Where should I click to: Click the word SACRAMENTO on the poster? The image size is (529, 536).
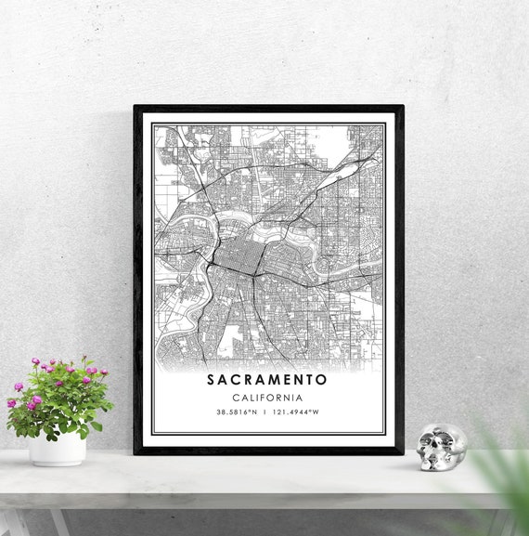pos(267,380)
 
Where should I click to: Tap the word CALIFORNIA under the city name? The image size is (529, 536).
pos(267,398)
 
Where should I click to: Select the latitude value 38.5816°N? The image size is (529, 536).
pos(236,412)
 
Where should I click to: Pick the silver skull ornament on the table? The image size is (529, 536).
pos(441,447)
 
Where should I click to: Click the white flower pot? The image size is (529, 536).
pos(58,449)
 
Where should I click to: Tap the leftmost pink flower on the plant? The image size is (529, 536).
pos(12,404)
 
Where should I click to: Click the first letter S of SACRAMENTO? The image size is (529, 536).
pos(211,380)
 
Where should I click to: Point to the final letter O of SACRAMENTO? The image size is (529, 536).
pos(323,380)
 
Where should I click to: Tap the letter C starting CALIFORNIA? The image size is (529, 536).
pos(236,398)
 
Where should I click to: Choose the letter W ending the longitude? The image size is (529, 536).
pos(316,412)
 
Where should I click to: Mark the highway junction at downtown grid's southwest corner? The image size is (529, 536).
pos(213,266)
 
